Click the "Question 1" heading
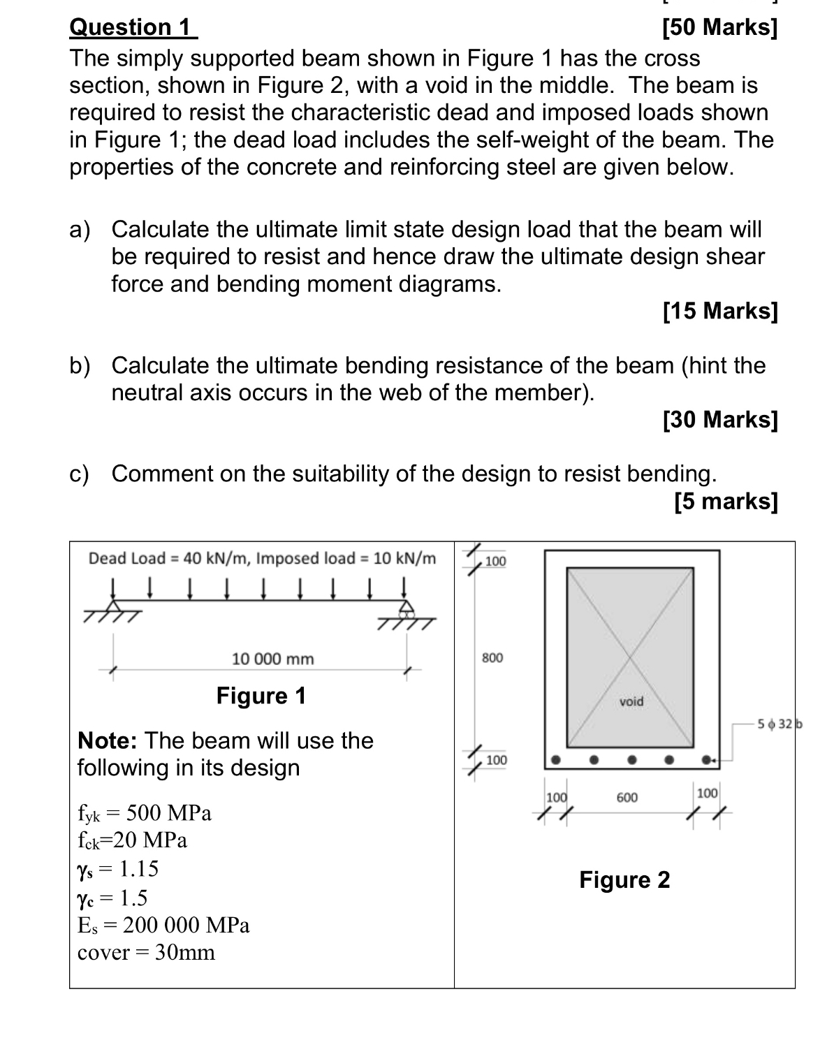pos(133,27)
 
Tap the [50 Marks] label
pos(719,27)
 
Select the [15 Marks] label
pos(719,311)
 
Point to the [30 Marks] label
pos(719,419)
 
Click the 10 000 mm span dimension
pos(272,659)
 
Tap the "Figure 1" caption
pos(261,696)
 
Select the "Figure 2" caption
pos(624,879)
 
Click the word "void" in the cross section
pos(631,701)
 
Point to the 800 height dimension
pos(492,657)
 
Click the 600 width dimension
pos(627,797)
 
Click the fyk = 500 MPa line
pos(145,813)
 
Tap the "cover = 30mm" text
pos(146,953)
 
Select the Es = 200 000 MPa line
pos(163,925)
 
